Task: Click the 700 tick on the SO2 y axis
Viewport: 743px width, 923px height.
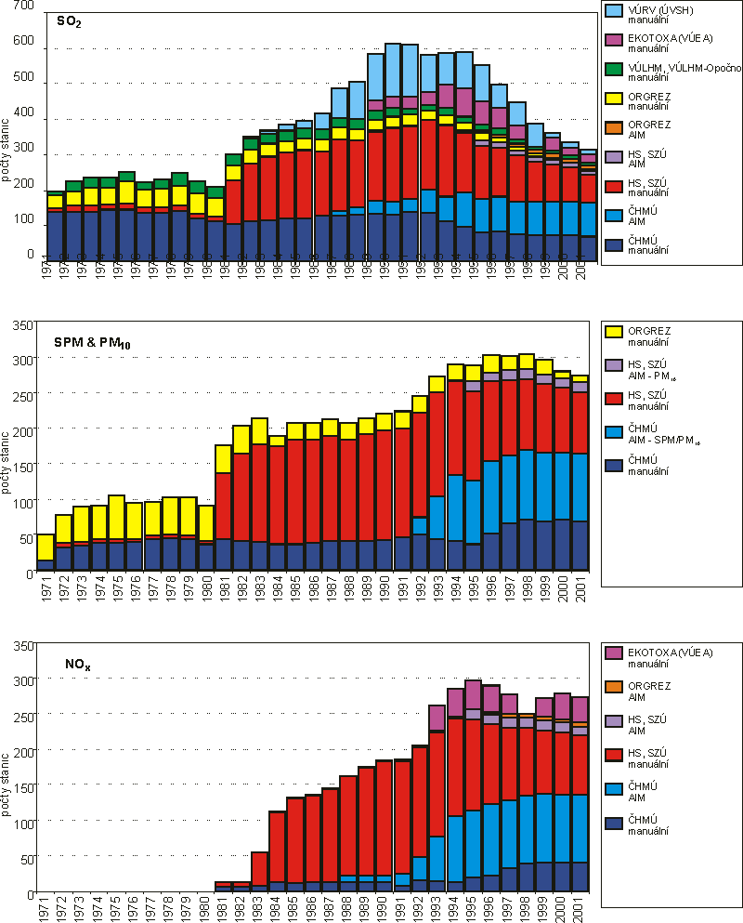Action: tap(21, 7)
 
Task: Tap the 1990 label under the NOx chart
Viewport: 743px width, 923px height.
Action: tap(381, 908)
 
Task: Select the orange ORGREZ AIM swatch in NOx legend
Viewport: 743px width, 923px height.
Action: tap(613, 687)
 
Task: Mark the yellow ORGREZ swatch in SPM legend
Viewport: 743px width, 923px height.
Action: tap(613, 332)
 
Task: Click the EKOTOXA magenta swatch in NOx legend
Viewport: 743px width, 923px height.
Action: tap(613, 653)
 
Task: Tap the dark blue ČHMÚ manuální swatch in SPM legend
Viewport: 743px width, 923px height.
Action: tap(613, 462)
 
